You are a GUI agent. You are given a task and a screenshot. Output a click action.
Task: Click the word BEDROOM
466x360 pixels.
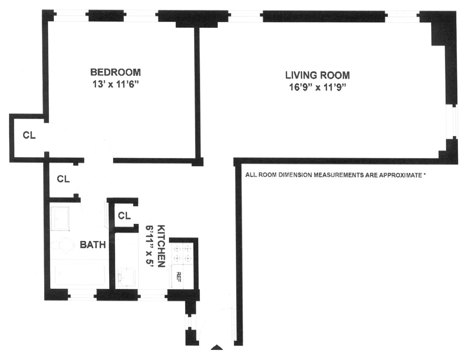click(115, 72)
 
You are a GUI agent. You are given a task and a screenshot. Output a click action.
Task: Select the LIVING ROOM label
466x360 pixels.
click(318, 75)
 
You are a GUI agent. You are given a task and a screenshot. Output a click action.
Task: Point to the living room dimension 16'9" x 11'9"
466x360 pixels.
click(317, 87)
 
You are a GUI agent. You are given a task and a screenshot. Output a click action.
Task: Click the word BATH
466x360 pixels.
click(92, 245)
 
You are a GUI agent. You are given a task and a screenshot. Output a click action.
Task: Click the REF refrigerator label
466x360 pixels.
click(178, 276)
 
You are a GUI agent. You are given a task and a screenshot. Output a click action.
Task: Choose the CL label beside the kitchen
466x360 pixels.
click(124, 216)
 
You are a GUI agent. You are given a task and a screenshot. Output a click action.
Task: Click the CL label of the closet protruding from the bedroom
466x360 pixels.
click(29, 136)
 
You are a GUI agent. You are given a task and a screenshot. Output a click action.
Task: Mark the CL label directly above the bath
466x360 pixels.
click(63, 179)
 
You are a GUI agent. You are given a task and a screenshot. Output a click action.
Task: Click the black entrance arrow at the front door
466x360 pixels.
click(216, 348)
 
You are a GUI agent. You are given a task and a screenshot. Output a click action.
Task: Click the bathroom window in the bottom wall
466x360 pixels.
click(83, 295)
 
